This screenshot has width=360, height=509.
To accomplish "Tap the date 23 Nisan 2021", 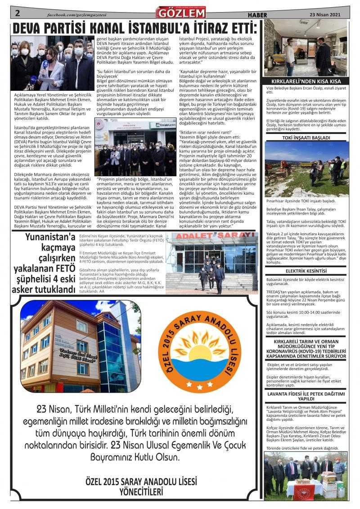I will pos(325,14).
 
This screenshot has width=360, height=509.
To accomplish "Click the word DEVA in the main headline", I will pos(31,29).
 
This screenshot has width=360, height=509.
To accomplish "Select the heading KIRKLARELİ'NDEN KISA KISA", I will pos(306,81).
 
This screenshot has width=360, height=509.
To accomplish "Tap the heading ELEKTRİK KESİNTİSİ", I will pos(306,271).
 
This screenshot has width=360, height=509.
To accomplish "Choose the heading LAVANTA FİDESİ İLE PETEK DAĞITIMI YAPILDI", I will pos(306,396).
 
